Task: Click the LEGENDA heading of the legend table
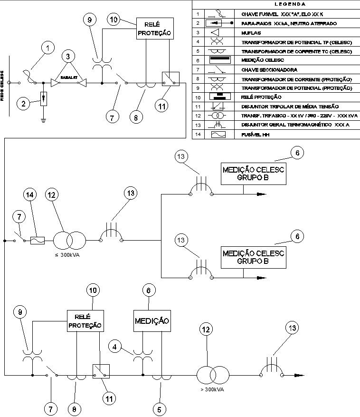(x=276, y=4)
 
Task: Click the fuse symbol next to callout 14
(x=37, y=241)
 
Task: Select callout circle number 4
(x=115, y=347)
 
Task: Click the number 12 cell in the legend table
(x=197, y=116)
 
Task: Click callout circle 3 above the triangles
(x=69, y=56)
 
